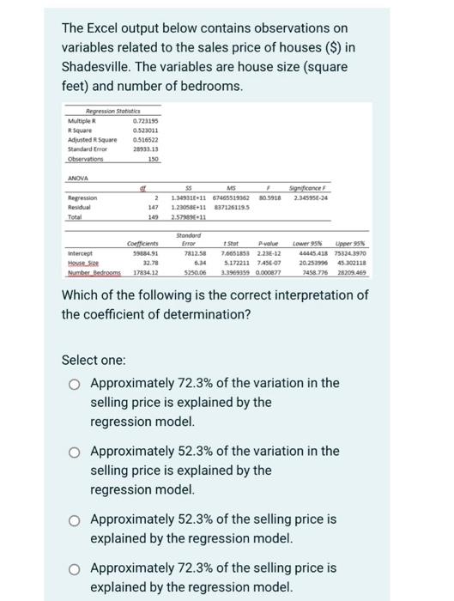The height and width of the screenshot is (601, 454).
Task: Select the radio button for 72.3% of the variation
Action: (76, 384)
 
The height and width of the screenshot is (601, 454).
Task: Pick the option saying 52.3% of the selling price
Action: (76, 520)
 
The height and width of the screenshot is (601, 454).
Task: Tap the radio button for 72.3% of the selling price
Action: (76, 568)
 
